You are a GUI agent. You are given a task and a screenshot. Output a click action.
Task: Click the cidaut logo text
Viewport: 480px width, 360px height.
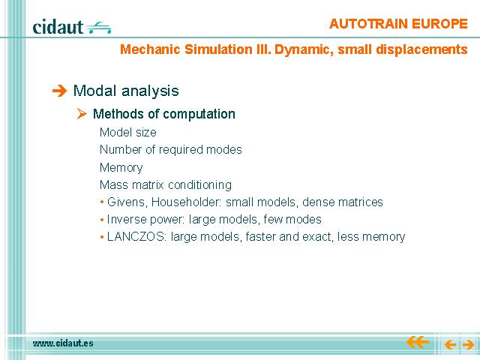(x=58, y=27)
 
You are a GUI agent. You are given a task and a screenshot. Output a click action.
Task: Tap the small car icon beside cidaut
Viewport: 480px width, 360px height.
(x=98, y=28)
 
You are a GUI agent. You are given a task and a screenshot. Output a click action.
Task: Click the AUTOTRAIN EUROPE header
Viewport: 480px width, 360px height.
(x=398, y=23)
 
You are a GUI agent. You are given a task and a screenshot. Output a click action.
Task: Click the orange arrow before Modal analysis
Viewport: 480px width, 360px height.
(x=59, y=91)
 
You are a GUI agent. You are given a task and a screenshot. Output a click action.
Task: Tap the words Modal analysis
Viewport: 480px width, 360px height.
(x=126, y=91)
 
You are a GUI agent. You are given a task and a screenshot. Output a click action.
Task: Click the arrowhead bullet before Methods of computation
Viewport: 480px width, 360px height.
(x=82, y=113)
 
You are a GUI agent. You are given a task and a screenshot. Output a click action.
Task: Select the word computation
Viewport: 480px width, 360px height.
(x=199, y=114)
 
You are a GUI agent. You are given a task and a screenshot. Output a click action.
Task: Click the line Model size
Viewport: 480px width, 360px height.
(x=128, y=132)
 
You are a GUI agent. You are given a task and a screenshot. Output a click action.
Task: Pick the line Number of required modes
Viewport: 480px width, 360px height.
(x=171, y=150)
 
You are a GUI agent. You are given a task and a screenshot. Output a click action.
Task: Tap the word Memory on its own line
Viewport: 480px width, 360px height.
(x=121, y=168)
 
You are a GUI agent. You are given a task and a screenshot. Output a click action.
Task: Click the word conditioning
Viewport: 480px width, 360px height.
(x=200, y=185)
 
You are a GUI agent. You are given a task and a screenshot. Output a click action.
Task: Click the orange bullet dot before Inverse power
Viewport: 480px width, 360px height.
(x=102, y=220)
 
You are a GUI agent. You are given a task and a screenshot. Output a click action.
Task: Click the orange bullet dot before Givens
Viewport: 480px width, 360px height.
(x=102, y=202)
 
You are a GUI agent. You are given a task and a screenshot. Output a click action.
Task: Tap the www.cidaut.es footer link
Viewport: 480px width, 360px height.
(x=63, y=343)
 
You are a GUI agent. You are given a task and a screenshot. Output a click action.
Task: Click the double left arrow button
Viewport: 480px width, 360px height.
(x=418, y=342)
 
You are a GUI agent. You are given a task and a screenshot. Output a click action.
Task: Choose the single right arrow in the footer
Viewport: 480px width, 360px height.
(x=468, y=345)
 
